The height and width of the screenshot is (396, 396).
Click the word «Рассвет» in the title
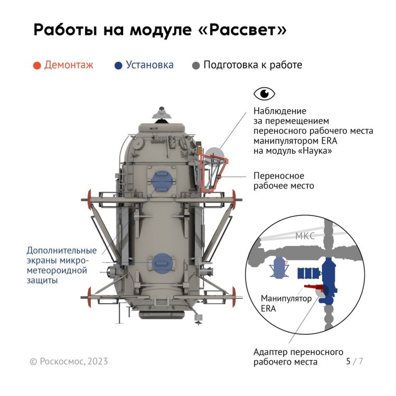(x=242, y=30)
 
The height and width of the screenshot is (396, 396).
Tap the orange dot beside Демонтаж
(x=37, y=65)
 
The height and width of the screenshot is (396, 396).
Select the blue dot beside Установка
(x=118, y=65)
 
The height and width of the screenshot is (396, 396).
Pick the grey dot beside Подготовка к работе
(x=196, y=65)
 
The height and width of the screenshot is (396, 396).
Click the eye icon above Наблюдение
(x=264, y=93)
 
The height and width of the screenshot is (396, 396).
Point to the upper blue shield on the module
(x=163, y=181)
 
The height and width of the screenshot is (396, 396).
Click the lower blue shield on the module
(x=163, y=263)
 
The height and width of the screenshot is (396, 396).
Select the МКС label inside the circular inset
(x=305, y=236)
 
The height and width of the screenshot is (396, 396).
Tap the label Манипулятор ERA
(x=286, y=303)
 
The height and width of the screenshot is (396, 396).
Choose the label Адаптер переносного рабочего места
(x=298, y=357)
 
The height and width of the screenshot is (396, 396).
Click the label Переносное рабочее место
(x=284, y=181)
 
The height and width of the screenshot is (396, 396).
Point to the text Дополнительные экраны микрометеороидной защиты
(x=62, y=265)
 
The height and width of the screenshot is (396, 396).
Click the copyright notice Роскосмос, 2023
(x=69, y=361)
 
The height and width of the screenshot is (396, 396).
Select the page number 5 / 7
(x=355, y=361)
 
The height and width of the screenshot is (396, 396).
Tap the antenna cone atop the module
(x=162, y=113)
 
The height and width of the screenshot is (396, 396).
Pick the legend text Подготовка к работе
(x=253, y=65)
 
